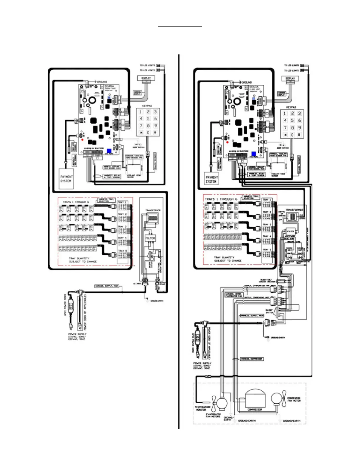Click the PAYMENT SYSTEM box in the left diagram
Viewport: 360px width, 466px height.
coord(66,179)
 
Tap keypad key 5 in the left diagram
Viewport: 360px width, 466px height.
coord(148,119)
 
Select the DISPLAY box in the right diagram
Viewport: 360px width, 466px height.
coord(290,79)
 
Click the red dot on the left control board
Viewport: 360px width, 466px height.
coord(83,139)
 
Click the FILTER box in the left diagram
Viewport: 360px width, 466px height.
coord(150,238)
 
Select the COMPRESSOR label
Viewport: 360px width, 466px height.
coord(255,410)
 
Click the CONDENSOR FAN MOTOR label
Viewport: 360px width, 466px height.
coord(294,399)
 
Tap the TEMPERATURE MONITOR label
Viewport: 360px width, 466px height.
coord(203,408)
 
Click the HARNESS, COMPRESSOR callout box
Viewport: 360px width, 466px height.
coord(252,359)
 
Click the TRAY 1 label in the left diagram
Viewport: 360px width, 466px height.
coord(121,202)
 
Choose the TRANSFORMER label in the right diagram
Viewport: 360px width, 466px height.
coord(294,210)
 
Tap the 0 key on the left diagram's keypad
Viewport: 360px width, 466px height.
coord(148,133)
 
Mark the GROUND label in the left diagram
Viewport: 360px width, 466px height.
coord(102,82)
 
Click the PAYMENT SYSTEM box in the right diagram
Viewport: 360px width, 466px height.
coord(211,179)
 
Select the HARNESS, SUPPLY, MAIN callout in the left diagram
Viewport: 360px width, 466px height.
coord(106,286)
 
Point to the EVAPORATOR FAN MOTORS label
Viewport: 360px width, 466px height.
coord(213,415)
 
